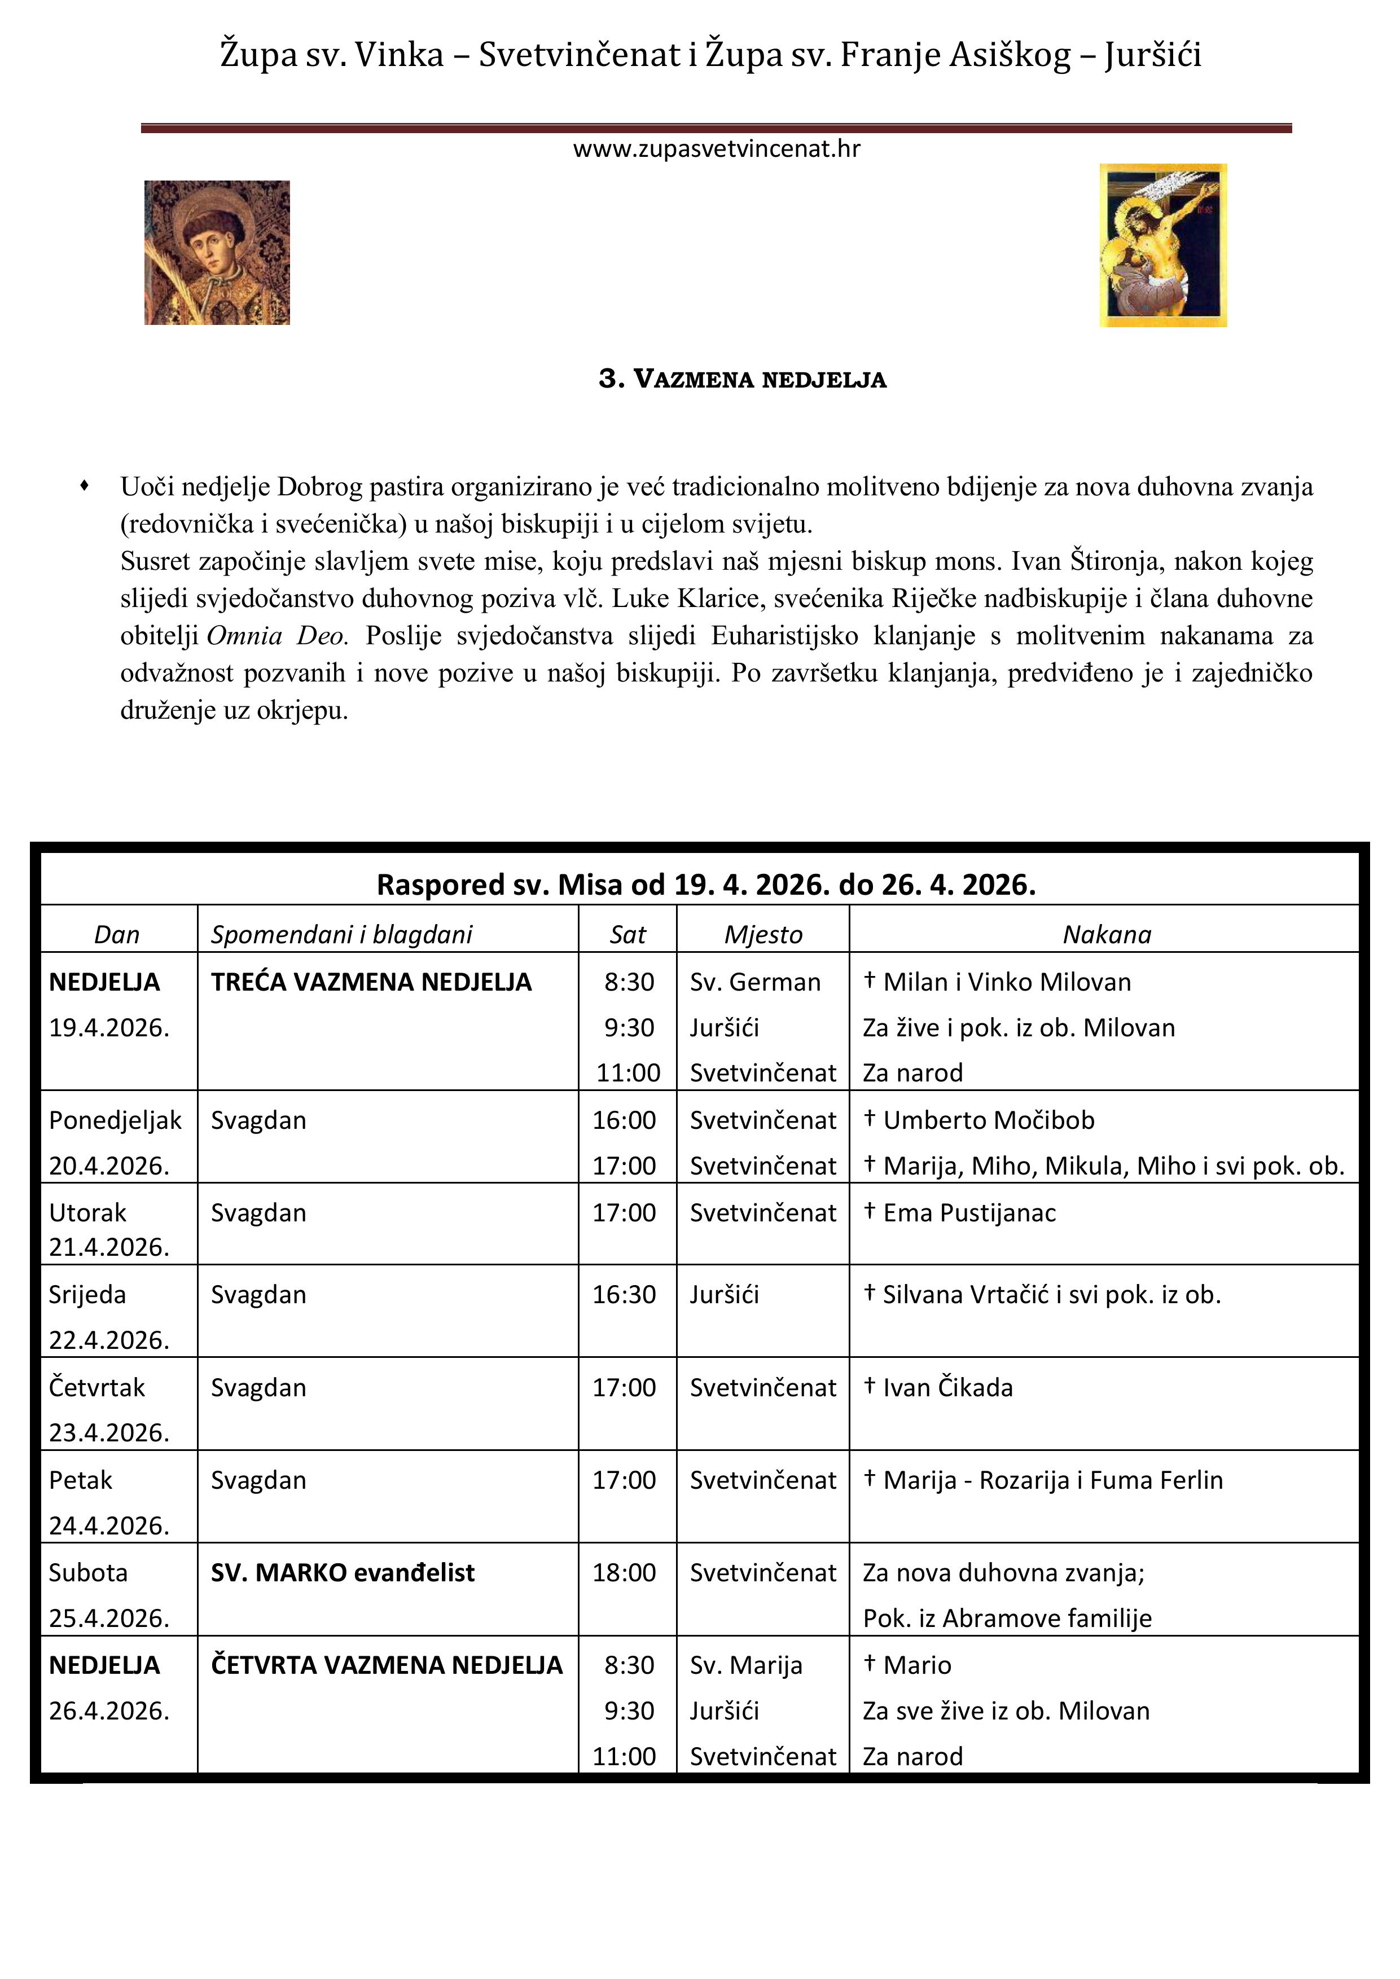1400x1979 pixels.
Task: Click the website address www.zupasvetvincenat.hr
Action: (x=717, y=149)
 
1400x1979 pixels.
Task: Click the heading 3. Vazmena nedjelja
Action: (x=742, y=379)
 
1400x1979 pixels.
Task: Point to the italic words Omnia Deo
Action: (x=277, y=636)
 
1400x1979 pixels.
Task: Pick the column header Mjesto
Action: (x=763, y=934)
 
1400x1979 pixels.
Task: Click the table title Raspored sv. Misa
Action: (x=705, y=885)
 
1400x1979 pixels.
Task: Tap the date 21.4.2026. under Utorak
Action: (x=108, y=1247)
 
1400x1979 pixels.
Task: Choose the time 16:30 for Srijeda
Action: (x=624, y=1295)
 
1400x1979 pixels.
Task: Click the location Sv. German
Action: (x=754, y=982)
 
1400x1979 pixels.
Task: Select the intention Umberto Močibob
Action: (x=988, y=1120)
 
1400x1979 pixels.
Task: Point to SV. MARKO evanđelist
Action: (x=343, y=1572)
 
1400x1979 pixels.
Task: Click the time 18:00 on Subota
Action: (x=624, y=1572)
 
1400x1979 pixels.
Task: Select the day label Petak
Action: (x=80, y=1480)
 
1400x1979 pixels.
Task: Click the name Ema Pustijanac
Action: (x=969, y=1213)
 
